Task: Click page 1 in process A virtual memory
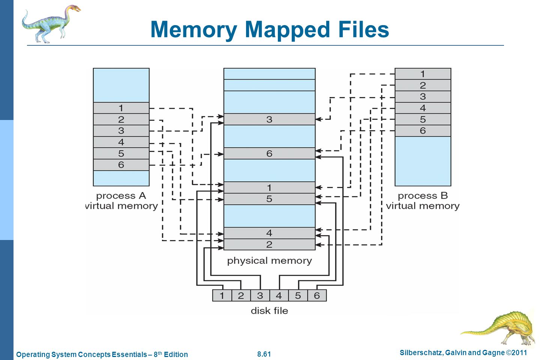point(121,108)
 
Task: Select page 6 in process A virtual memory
point(121,165)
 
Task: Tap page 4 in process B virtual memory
point(423,108)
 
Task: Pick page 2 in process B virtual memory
point(423,85)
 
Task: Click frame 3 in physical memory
point(270,119)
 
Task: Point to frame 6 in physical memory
point(270,153)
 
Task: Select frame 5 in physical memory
point(270,199)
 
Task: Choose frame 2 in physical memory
point(270,244)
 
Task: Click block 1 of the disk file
point(222,295)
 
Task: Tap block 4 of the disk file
point(279,295)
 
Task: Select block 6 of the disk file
point(317,295)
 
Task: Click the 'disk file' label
point(270,310)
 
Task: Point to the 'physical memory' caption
point(270,261)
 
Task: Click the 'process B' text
point(423,196)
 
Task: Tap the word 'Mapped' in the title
point(287,30)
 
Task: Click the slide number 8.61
point(264,354)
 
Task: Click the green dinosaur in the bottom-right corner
point(499,327)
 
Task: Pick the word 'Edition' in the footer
point(176,354)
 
